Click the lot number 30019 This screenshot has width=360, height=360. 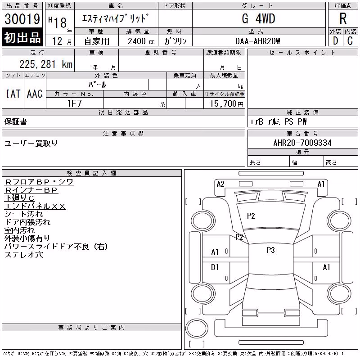point(22,19)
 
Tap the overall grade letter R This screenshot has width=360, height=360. point(343,18)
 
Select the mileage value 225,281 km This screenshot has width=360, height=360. point(46,64)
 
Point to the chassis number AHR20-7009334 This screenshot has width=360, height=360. point(302,143)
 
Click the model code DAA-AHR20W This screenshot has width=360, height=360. point(257,41)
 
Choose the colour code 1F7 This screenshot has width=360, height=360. point(75,103)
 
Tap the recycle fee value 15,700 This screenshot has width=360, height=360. point(223,103)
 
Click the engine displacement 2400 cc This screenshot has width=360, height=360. point(141,41)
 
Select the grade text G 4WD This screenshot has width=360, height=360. point(258,18)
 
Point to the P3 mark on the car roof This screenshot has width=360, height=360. point(271,250)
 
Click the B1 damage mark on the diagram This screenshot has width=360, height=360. point(215,267)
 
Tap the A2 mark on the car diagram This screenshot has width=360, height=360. point(220,184)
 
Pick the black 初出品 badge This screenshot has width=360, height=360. point(22,37)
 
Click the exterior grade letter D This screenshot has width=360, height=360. point(335,41)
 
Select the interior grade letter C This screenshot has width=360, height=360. point(350,41)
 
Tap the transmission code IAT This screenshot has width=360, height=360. point(13,94)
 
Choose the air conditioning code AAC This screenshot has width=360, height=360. point(35,94)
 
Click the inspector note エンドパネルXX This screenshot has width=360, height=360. point(35,206)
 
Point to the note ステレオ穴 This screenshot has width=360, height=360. point(24,254)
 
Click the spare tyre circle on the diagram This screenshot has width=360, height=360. point(197,328)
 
